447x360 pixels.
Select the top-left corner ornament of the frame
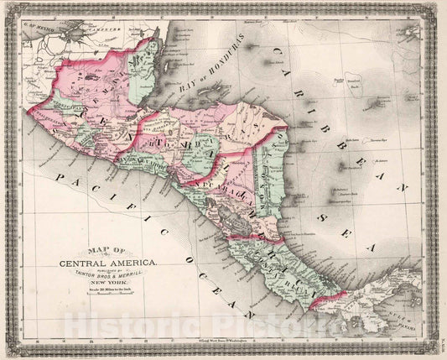[x=8, y=8]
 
